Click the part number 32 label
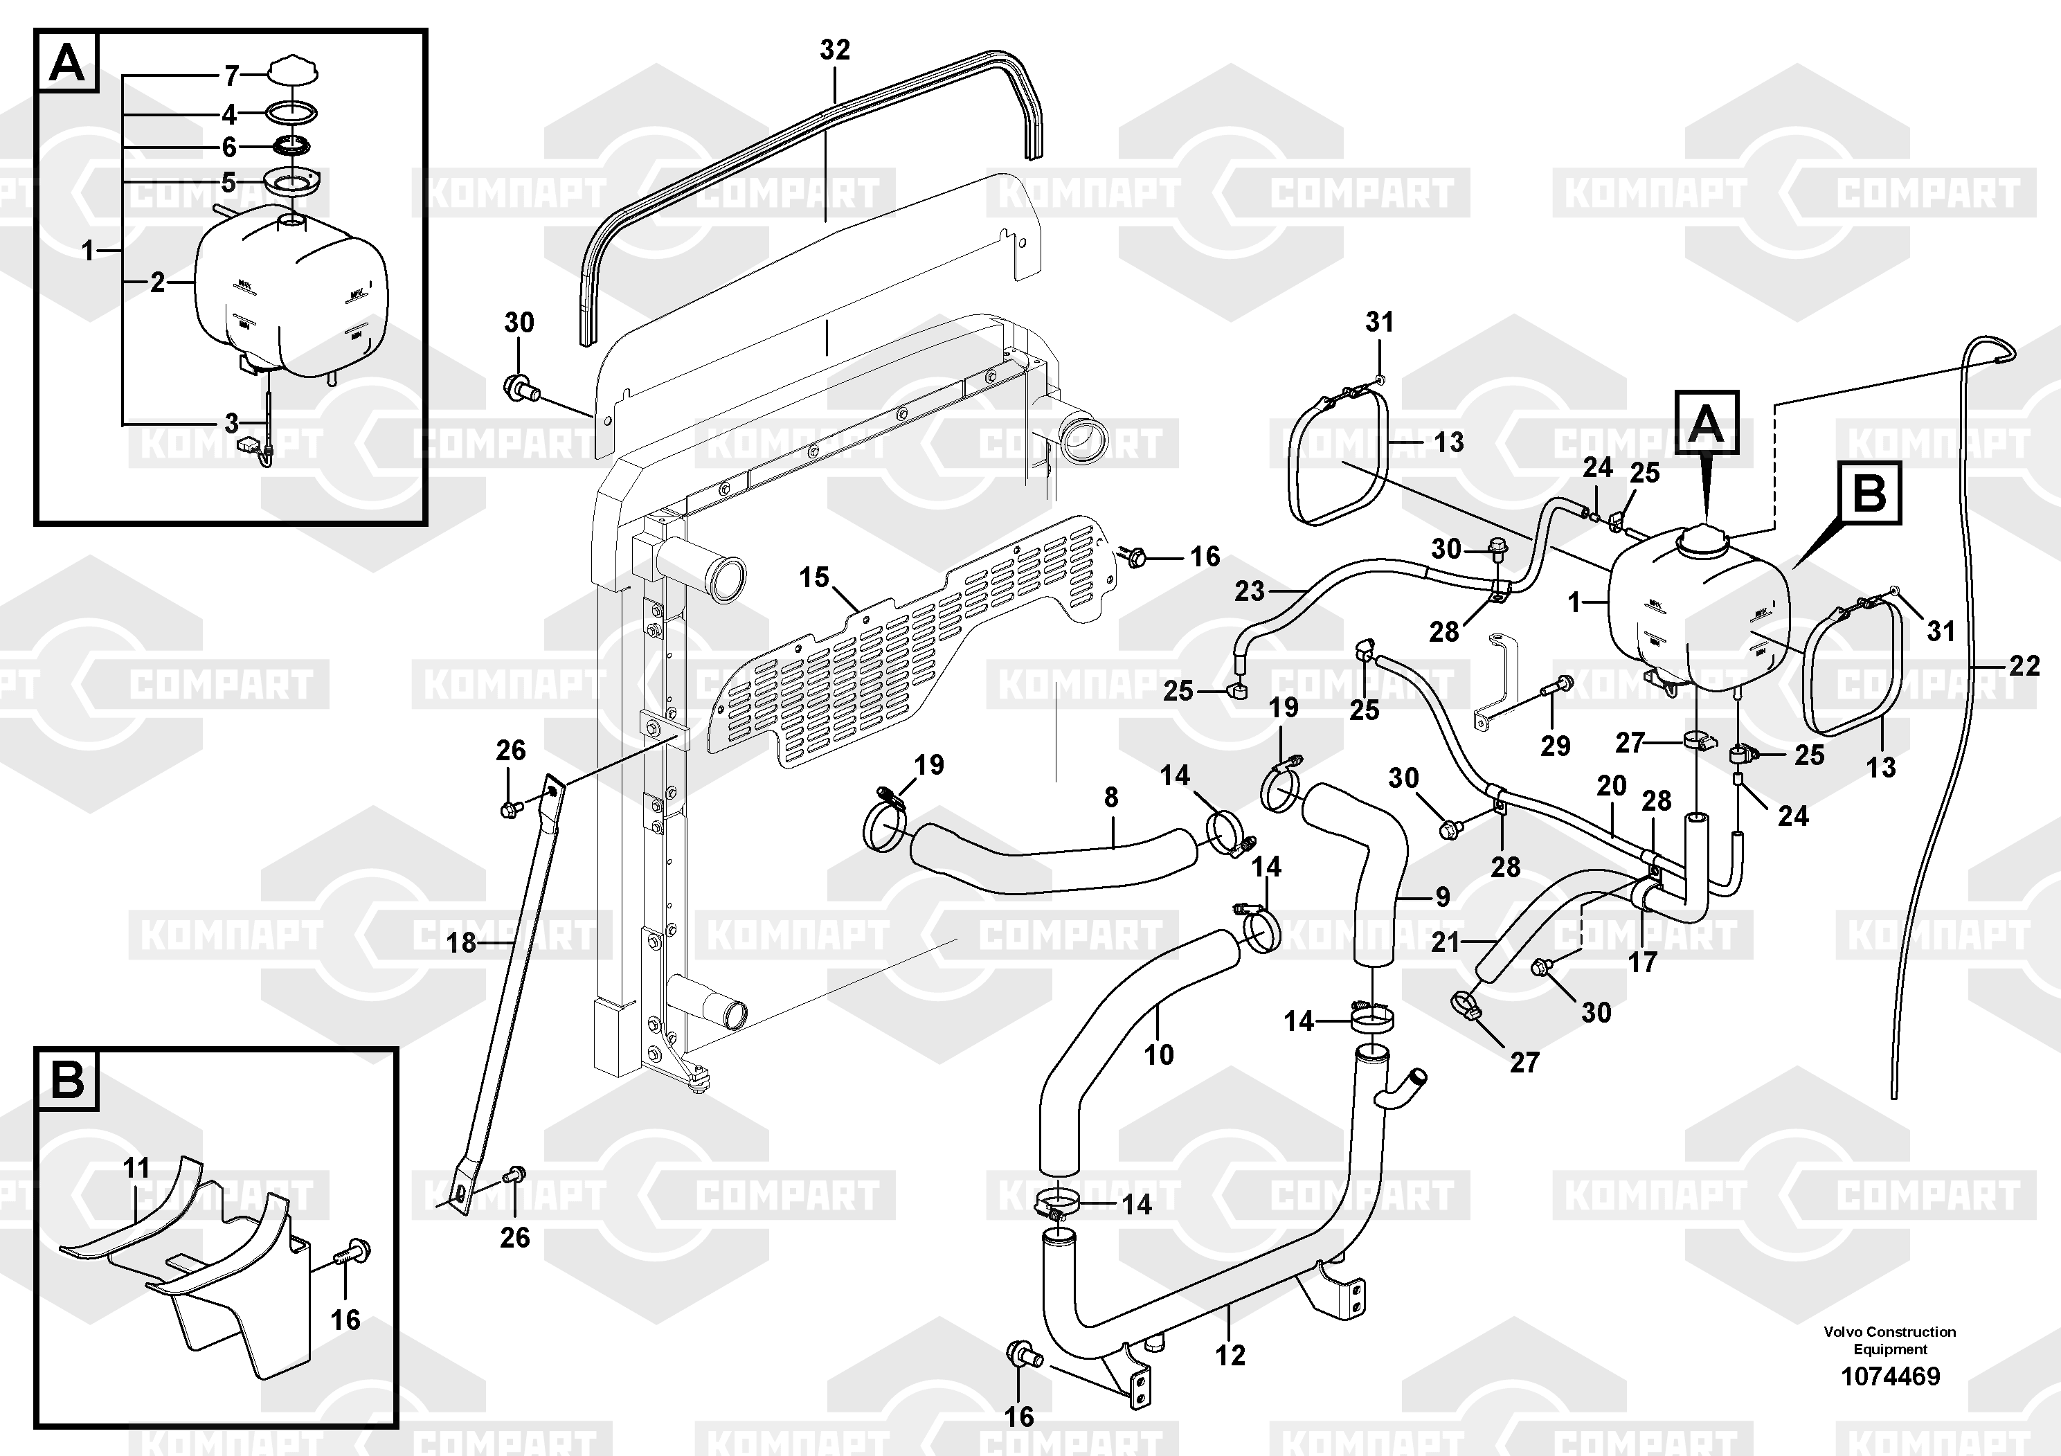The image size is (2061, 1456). click(834, 51)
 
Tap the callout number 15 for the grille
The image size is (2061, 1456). click(814, 577)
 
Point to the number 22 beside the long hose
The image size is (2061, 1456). click(2024, 665)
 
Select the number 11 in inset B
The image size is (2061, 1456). click(136, 1168)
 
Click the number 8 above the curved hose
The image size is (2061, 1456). click(1111, 797)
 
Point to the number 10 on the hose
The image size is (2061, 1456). click(1159, 1054)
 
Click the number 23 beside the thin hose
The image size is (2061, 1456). click(1249, 591)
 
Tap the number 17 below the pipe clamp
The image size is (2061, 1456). click(1643, 962)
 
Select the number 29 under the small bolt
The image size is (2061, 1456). click(1556, 745)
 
